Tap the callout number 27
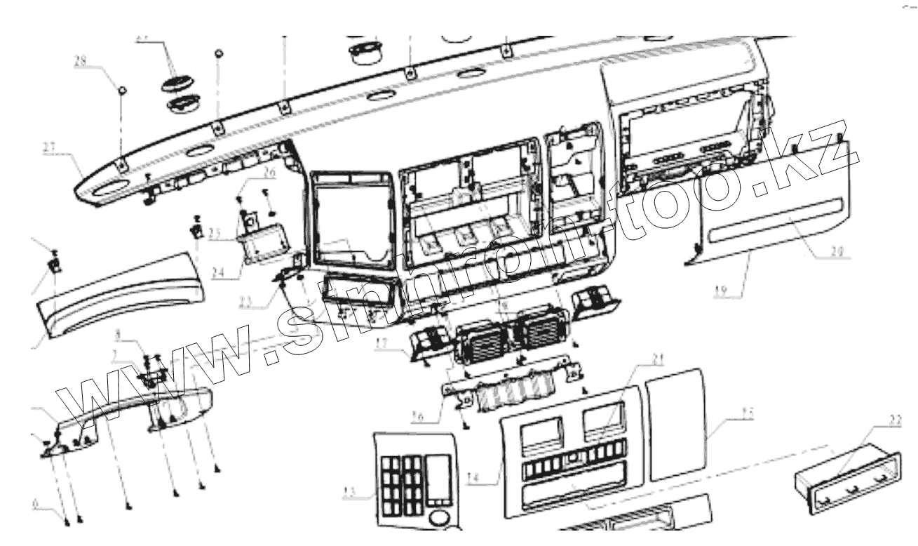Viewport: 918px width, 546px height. point(49,147)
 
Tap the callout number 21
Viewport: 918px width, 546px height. point(656,361)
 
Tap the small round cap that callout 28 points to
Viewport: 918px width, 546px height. point(121,90)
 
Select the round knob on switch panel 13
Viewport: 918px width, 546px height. point(439,519)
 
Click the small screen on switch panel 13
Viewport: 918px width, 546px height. point(438,477)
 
